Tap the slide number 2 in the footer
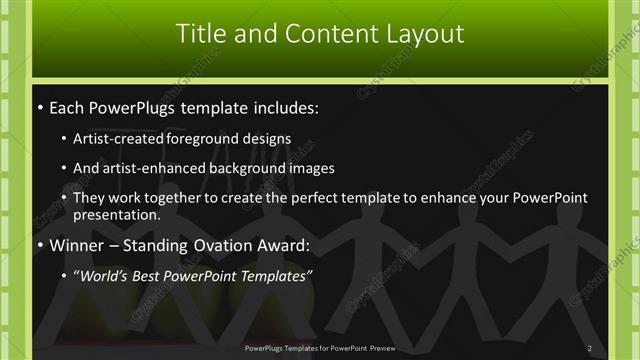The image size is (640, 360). (590, 348)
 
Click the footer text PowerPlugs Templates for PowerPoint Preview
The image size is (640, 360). (320, 348)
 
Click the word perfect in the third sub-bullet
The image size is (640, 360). (289, 198)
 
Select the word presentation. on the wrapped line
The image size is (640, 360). (117, 215)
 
